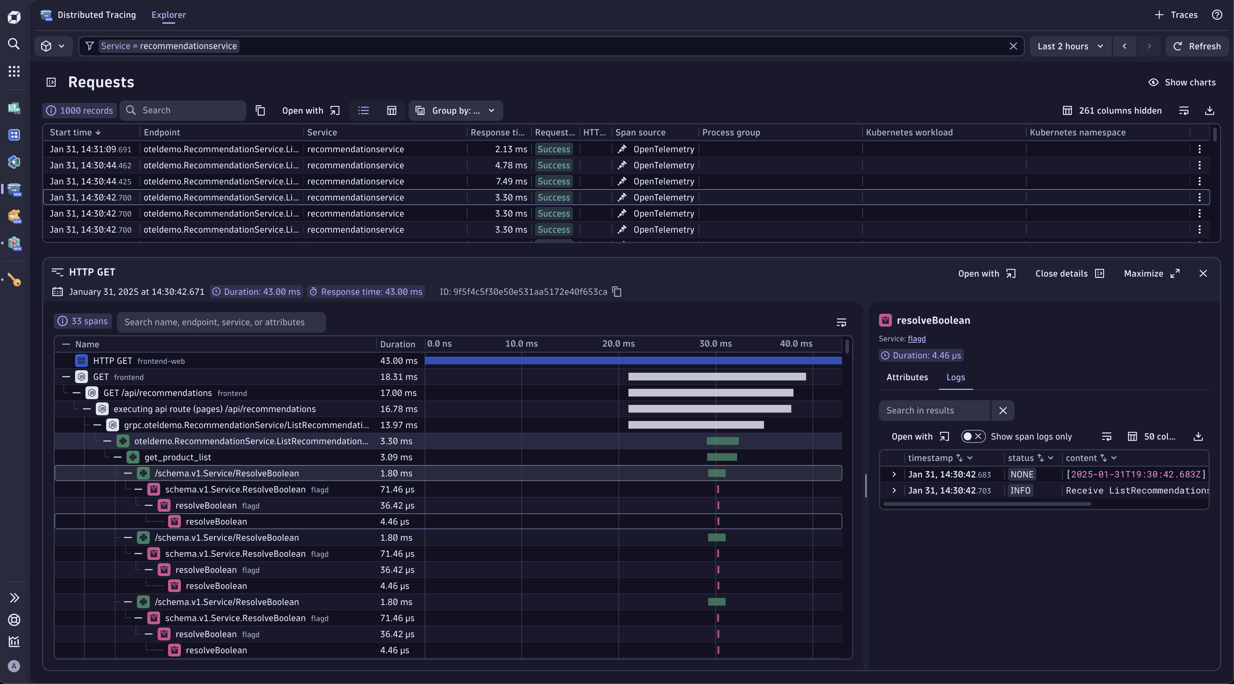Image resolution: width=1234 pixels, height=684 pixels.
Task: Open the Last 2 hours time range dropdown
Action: click(1070, 46)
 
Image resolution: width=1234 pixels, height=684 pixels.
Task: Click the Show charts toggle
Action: click(1182, 83)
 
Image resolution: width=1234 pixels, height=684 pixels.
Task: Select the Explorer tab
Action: click(169, 15)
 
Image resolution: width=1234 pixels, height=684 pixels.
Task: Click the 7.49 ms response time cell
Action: click(511, 182)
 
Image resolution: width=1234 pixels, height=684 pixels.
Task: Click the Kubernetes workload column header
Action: click(909, 133)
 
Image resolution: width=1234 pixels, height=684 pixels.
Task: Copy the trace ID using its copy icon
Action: click(617, 292)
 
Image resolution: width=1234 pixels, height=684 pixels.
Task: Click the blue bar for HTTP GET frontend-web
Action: click(632, 361)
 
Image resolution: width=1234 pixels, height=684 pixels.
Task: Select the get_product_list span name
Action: click(178, 457)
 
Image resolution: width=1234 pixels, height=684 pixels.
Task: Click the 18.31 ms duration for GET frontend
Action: click(399, 377)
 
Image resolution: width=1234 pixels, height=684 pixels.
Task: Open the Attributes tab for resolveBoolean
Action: click(907, 377)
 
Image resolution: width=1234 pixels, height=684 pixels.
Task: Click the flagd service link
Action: click(917, 339)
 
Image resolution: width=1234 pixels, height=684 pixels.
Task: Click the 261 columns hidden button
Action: click(1112, 111)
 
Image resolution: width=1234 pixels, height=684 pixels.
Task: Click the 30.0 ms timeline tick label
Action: click(715, 344)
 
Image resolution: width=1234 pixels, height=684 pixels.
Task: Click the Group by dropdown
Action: click(455, 111)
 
